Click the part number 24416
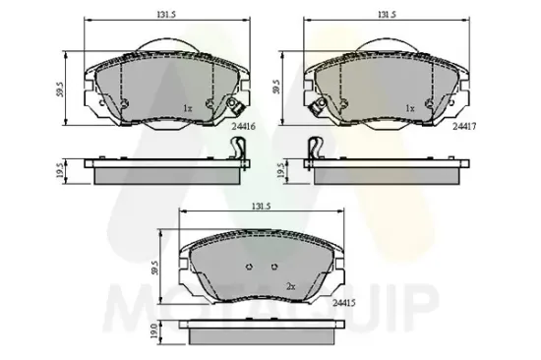pyautogui.click(x=244, y=126)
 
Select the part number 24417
pyautogui.click(x=463, y=126)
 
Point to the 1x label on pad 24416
pyautogui.click(x=188, y=108)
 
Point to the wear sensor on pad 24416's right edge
pyautogui.click(x=234, y=109)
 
